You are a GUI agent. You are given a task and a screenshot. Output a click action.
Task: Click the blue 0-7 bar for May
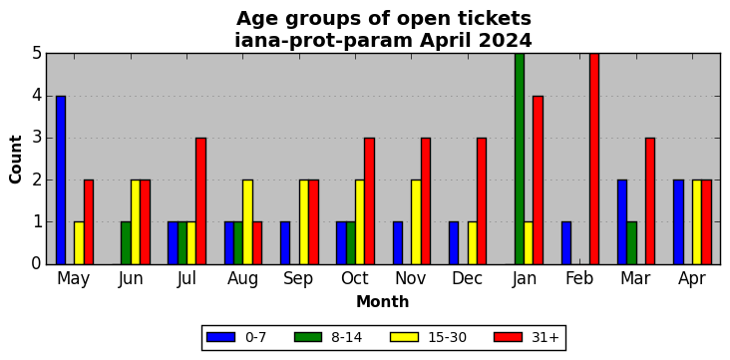(x=61, y=180)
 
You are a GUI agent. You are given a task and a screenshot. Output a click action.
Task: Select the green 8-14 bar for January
(x=520, y=159)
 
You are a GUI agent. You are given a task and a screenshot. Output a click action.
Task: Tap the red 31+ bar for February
(x=594, y=159)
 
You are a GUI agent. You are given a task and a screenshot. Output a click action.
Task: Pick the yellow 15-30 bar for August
(x=247, y=222)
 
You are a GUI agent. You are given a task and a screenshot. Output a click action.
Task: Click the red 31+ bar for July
(x=201, y=201)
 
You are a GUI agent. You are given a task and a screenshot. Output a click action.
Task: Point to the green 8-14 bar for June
(x=127, y=243)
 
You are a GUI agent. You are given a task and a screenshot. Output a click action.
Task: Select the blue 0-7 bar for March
(x=622, y=222)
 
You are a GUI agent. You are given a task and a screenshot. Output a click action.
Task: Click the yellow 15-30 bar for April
(x=697, y=222)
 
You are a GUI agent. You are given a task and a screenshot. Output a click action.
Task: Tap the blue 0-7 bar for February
(x=566, y=243)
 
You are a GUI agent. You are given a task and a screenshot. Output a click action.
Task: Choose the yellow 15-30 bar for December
(x=473, y=243)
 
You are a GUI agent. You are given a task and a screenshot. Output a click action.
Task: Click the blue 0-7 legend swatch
(x=221, y=337)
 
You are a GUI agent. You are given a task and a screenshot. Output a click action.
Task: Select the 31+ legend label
(x=545, y=337)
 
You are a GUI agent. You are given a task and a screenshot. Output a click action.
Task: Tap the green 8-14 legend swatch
(x=308, y=337)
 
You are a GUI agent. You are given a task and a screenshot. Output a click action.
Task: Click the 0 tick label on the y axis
(x=37, y=264)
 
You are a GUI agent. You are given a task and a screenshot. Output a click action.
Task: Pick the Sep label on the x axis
(x=298, y=279)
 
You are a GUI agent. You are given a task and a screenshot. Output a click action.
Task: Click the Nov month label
(x=410, y=278)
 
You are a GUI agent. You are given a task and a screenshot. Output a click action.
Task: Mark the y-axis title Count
(x=16, y=160)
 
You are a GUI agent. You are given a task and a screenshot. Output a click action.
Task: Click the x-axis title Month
(x=383, y=302)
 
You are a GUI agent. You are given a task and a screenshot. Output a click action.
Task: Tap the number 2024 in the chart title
(x=506, y=41)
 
